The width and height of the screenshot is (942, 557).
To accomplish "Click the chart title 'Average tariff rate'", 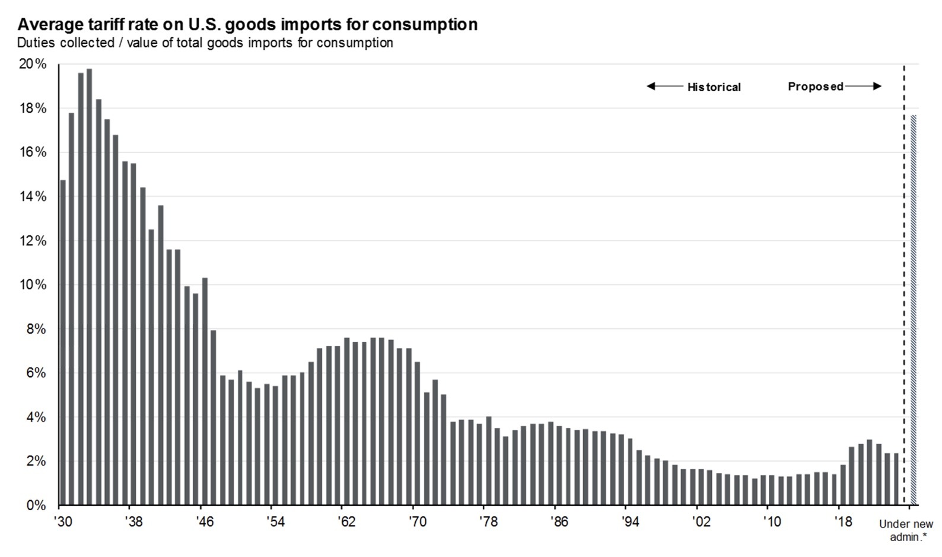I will pyautogui.click(x=247, y=24).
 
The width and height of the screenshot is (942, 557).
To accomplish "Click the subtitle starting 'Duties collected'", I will pyautogui.click(x=205, y=43).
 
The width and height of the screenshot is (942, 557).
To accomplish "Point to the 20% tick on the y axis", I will pyautogui.click(x=33, y=64).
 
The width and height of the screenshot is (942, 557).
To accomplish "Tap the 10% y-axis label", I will pyautogui.click(x=33, y=285).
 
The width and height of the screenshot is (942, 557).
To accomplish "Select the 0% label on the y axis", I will pyautogui.click(x=36, y=505).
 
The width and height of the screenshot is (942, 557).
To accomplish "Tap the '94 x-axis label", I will pyautogui.click(x=630, y=521).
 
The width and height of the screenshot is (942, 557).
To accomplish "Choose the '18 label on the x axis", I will pyautogui.click(x=842, y=521).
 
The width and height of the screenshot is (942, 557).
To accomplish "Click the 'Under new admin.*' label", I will pyautogui.click(x=906, y=530).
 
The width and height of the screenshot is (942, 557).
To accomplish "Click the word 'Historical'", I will pyautogui.click(x=714, y=87).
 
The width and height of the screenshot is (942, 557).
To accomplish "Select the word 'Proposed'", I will pyautogui.click(x=815, y=87).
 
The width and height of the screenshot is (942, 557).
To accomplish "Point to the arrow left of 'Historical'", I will pyautogui.click(x=664, y=87).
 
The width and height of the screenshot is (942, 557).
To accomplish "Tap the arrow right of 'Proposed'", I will pyautogui.click(x=864, y=87).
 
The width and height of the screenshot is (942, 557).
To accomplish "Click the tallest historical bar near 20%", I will pyautogui.click(x=89, y=287).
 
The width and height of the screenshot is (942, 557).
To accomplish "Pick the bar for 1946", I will pyautogui.click(x=205, y=391).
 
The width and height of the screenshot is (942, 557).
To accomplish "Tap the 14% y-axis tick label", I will pyautogui.click(x=33, y=197).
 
